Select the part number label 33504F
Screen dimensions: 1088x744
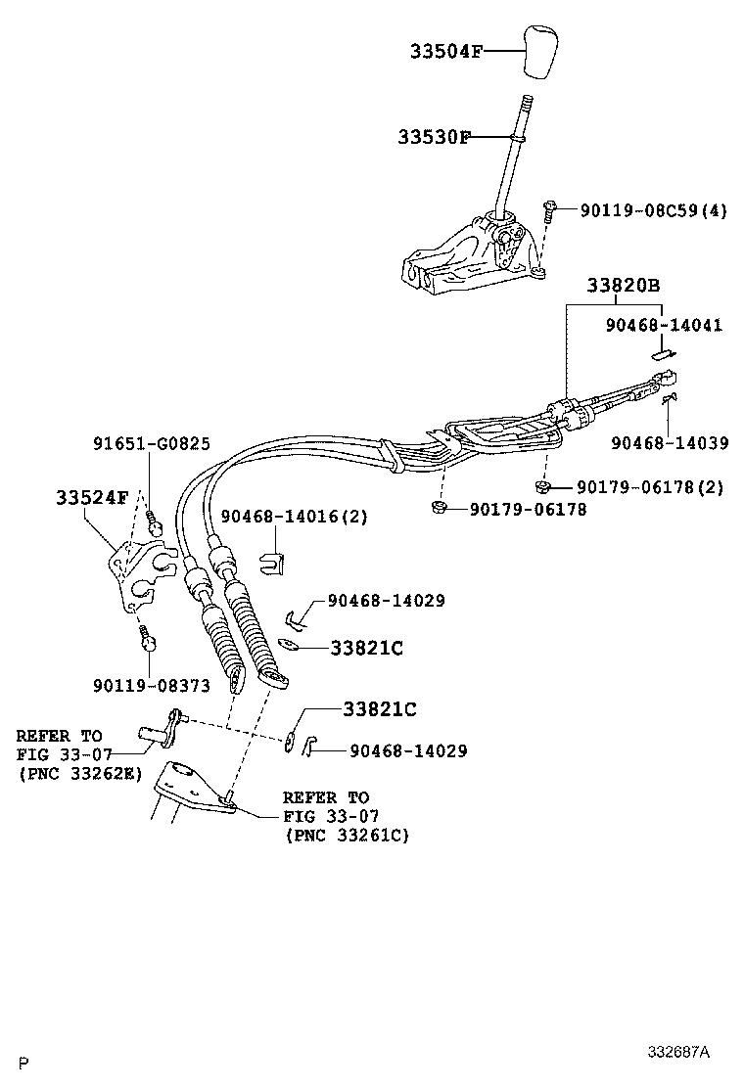pyautogui.click(x=446, y=51)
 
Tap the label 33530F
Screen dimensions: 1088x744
pyautogui.click(x=434, y=138)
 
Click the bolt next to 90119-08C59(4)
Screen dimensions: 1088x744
pyautogui.click(x=549, y=209)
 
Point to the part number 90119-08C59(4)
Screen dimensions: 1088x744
pyautogui.click(x=653, y=209)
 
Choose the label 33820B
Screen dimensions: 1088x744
pyautogui.click(x=624, y=286)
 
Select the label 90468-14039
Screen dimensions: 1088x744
pyautogui.click(x=670, y=442)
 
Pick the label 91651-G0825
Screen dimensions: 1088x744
pyautogui.click(x=152, y=443)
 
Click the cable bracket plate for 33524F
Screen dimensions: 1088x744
pyautogui.click(x=132, y=578)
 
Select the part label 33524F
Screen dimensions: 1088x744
pyautogui.click(x=91, y=497)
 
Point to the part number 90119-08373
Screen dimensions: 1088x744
pyautogui.click(x=151, y=686)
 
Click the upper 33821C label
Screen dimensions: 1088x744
pyautogui.click(x=366, y=648)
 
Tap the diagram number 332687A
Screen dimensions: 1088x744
pyautogui.click(x=677, y=1052)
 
